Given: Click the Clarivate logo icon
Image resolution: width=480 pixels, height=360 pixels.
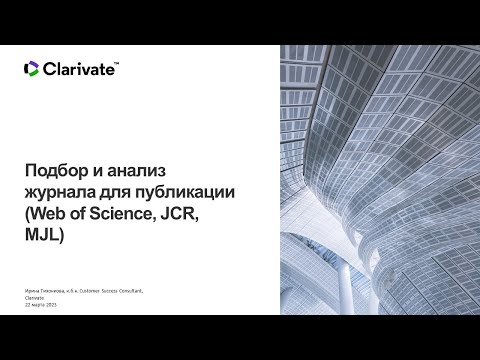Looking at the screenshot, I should pyautogui.click(x=31, y=68).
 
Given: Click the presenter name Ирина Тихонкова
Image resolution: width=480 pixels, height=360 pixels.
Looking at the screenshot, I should pyautogui.click(x=46, y=290).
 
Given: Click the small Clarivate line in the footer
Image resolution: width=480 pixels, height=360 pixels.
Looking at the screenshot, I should pyautogui.click(x=32, y=297).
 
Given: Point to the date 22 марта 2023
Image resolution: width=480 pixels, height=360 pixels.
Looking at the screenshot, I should pyautogui.click(x=37, y=304).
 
